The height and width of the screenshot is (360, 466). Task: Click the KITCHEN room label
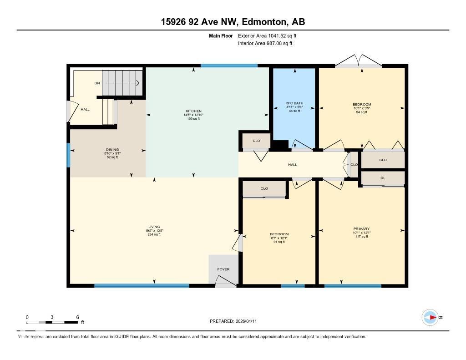193,111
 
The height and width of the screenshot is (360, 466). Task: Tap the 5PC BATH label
294,103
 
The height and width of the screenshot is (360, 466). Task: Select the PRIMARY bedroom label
361,229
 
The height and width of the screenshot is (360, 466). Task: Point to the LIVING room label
154,227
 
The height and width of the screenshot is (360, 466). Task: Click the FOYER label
223,269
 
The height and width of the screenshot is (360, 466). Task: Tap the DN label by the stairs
97,83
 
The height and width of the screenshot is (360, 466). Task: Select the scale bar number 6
78,317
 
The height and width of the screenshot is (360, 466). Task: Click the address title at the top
233,22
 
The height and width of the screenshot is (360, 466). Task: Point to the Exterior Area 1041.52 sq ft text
267,35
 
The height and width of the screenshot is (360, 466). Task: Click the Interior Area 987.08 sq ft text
265,44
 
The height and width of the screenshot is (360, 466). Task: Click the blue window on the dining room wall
68,155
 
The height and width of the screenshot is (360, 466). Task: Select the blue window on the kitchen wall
229,66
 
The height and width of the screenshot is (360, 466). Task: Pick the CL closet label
383,178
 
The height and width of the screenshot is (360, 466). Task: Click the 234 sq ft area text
154,234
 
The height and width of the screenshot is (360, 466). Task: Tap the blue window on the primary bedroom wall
353,286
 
